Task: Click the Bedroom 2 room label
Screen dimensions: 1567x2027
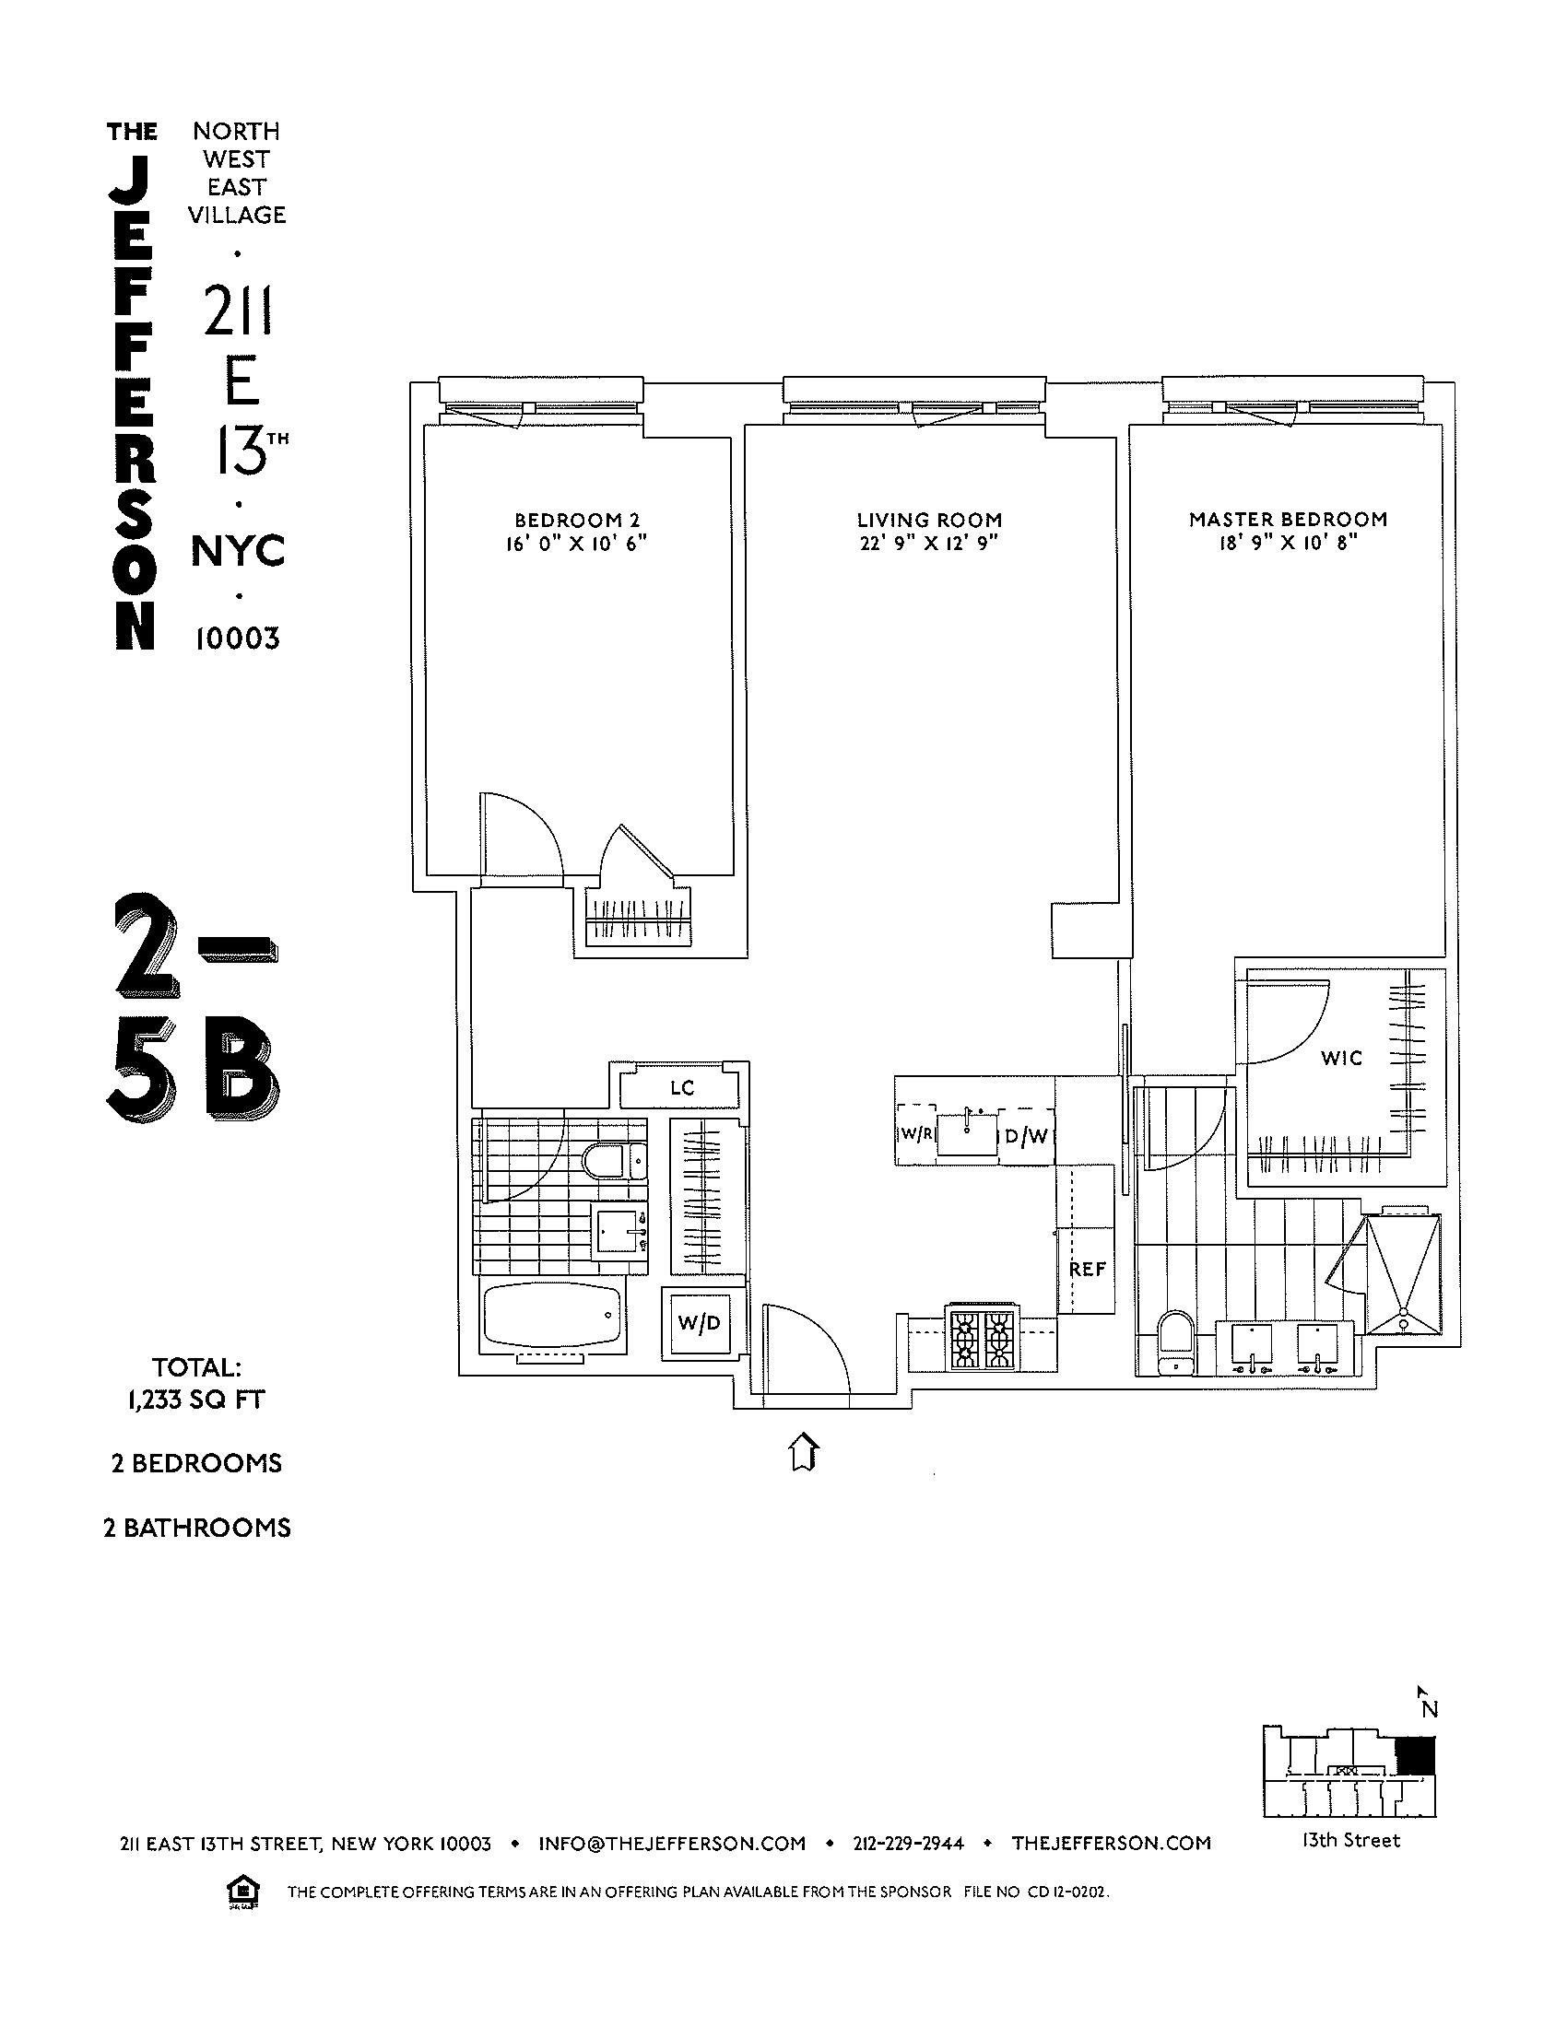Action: [x=576, y=520]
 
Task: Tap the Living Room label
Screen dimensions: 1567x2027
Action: [x=928, y=520]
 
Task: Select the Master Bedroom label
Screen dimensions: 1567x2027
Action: [x=1288, y=519]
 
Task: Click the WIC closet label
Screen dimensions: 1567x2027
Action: [x=1341, y=1057]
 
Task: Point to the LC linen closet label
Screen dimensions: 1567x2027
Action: [x=682, y=1088]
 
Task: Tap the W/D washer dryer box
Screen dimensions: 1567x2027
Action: [x=699, y=1323]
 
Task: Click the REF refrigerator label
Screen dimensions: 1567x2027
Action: [x=1087, y=1269]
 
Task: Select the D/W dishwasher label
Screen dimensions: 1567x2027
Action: [x=1027, y=1135]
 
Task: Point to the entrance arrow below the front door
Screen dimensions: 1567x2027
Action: [x=804, y=1452]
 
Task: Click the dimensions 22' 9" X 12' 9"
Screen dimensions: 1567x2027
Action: [x=928, y=544]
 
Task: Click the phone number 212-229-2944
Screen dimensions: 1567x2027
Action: [x=908, y=1844]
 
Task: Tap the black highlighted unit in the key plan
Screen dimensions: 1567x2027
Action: [x=1416, y=1757]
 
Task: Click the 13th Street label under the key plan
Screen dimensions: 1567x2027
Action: [x=1349, y=1841]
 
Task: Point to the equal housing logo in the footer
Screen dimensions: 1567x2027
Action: [x=242, y=1892]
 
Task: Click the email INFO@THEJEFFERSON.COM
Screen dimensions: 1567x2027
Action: [x=671, y=1844]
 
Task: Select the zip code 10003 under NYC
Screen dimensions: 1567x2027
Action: [x=238, y=639]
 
